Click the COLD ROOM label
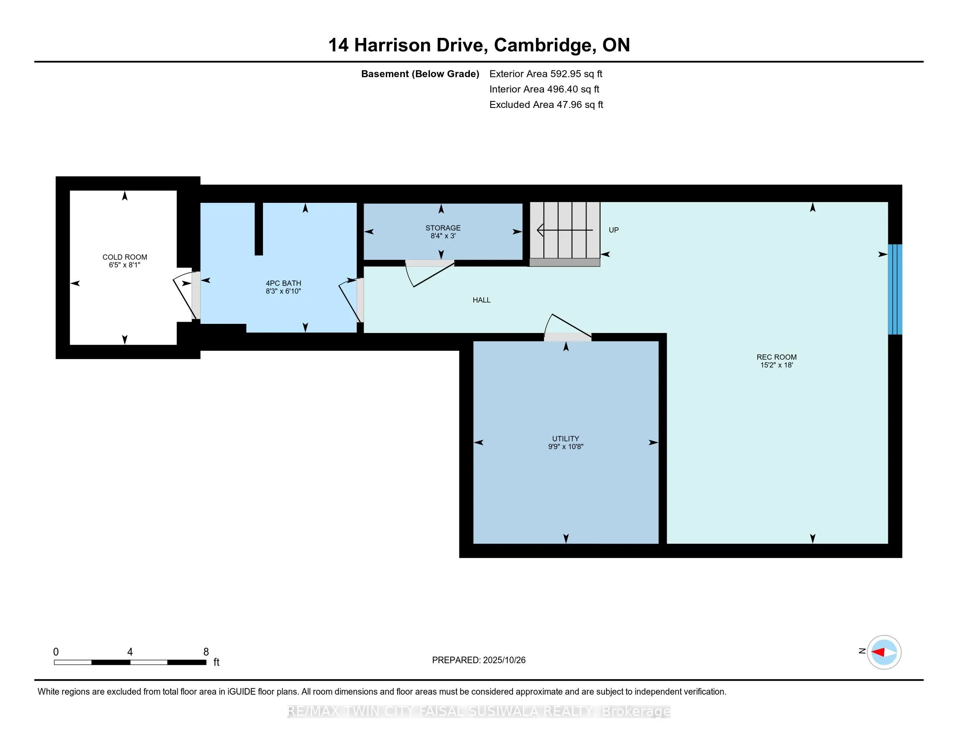(125, 257)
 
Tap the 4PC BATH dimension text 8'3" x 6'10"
(283, 291)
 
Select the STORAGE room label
(442, 228)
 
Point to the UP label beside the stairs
(613, 230)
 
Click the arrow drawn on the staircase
(564, 230)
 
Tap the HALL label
(481, 300)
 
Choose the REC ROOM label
(776, 357)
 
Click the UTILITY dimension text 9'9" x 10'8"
(565, 447)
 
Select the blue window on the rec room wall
(894, 289)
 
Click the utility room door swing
(566, 326)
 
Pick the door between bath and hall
(351, 300)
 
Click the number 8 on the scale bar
(206, 652)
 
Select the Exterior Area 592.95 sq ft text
(545, 74)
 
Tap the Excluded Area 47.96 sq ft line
(546, 105)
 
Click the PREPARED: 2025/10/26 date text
(478, 660)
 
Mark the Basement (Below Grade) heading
(419, 74)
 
